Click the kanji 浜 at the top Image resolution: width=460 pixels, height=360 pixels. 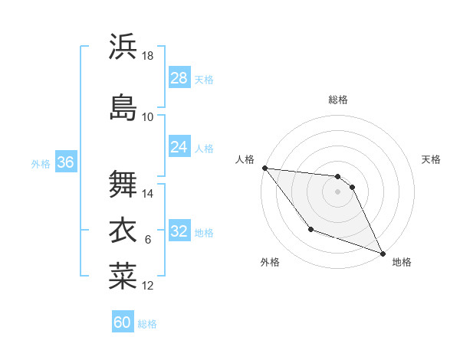pyautogui.click(x=123, y=47)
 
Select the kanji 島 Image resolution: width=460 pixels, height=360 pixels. pyautogui.click(x=123, y=106)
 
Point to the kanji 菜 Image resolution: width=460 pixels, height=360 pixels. pyautogui.click(x=123, y=276)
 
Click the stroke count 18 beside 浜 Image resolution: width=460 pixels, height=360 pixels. pyautogui.click(x=148, y=56)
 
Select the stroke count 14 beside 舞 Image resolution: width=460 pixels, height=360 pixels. pyautogui.click(x=148, y=194)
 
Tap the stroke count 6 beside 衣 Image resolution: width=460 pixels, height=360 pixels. pyautogui.click(x=148, y=240)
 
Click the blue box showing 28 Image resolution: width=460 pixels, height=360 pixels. pyautogui.click(x=179, y=77)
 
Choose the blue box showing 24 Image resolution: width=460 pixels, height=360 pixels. pyautogui.click(x=179, y=146)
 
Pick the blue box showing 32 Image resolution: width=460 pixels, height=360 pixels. pyautogui.click(x=179, y=231)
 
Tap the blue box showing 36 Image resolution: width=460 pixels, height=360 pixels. pyautogui.click(x=65, y=162)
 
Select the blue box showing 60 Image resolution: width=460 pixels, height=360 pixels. pyautogui.click(x=123, y=322)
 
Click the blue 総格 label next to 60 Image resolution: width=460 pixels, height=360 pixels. pyautogui.click(x=147, y=324)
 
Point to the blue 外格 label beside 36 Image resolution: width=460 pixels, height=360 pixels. pyautogui.click(x=41, y=163)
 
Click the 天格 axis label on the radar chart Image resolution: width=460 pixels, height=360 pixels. pyautogui.click(x=432, y=159)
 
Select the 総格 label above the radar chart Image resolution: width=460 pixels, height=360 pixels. pyautogui.click(x=338, y=100)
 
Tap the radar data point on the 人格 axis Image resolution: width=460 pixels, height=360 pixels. pyautogui.click(x=264, y=168)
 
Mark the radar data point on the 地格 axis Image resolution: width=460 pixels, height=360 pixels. pyautogui.click(x=383, y=253)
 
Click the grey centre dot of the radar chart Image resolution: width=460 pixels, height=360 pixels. pyautogui.click(x=337, y=191)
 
